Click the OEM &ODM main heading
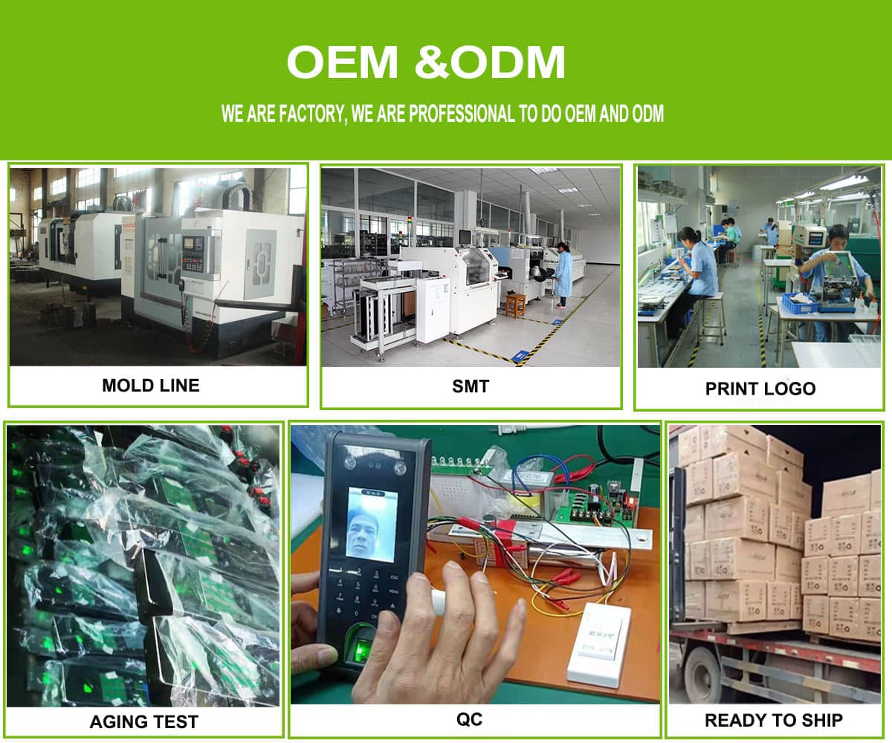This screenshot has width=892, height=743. [x=426, y=62]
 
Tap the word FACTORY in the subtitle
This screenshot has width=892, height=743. [x=312, y=114]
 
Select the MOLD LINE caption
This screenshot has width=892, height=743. [x=151, y=385]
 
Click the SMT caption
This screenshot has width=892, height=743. [x=471, y=386]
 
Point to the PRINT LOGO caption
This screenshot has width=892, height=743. [x=760, y=389]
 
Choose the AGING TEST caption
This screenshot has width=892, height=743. [x=144, y=721]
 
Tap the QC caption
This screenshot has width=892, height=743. [x=469, y=719]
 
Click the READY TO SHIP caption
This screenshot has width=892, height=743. [x=774, y=720]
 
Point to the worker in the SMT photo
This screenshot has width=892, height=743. [x=563, y=275]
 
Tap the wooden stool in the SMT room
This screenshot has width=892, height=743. [x=515, y=305]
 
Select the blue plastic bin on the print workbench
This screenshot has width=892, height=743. [x=800, y=302]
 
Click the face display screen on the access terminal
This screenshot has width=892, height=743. [x=371, y=524]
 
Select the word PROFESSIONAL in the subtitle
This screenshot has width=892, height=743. [x=462, y=114]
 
